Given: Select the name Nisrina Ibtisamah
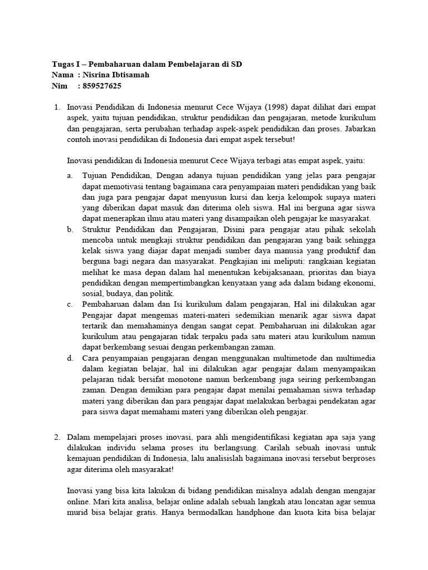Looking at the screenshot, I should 116,75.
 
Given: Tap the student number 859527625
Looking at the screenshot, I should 101,86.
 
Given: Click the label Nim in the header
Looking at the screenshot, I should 59,86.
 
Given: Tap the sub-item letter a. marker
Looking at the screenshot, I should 70,176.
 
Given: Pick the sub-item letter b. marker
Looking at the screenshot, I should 70,229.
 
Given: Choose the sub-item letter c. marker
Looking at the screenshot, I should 70,304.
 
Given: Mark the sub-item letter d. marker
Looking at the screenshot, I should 70,357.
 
